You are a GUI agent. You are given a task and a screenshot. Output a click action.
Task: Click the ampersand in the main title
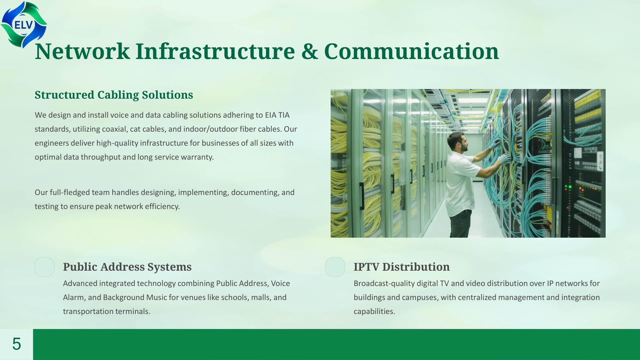pos(309,51)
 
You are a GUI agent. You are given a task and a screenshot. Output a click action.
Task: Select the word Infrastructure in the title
pos(215,51)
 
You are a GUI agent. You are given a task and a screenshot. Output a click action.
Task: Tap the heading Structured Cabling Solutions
pos(114,95)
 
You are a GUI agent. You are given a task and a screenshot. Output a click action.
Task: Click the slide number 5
pos(16,344)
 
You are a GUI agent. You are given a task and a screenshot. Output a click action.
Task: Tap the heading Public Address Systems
pos(127,267)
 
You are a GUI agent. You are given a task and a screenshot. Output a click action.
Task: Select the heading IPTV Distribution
pos(401,267)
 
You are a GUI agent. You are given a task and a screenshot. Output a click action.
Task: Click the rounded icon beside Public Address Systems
pos(44,267)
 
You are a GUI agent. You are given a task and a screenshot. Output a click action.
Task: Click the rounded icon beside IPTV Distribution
pos(335,267)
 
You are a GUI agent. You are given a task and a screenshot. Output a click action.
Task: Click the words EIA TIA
pos(277,115)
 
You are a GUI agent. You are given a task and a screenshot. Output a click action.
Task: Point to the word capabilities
pos(374,312)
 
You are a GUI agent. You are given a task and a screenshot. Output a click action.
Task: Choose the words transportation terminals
pos(106,312)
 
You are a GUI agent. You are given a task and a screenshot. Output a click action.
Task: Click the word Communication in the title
pos(411,51)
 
